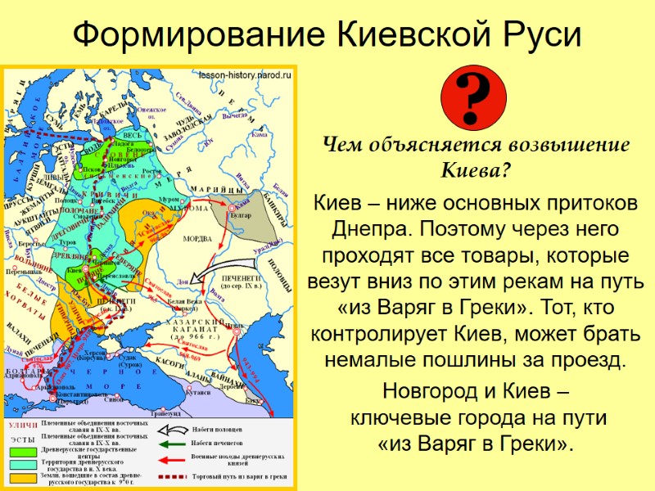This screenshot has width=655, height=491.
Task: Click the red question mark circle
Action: point(473,101)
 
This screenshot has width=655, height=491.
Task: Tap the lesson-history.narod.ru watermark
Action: point(245,75)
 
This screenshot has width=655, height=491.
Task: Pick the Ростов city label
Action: point(151,171)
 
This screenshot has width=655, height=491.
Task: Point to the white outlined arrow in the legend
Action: point(170,429)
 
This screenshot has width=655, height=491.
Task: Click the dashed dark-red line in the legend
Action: point(170,476)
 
